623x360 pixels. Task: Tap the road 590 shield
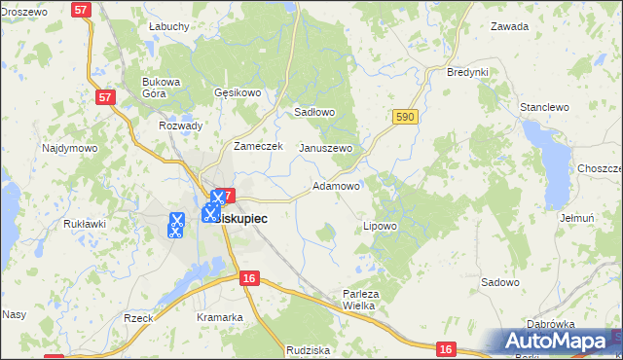pyautogui.click(x=406, y=117)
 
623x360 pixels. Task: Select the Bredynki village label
pyautogui.click(x=466, y=72)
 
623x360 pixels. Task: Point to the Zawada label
pyautogui.click(x=510, y=26)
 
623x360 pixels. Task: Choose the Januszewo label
pyautogui.click(x=325, y=148)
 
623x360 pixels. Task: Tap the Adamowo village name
pyautogui.click(x=336, y=185)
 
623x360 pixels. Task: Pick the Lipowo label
pyautogui.click(x=380, y=226)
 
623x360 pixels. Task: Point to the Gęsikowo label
pyautogui.click(x=238, y=93)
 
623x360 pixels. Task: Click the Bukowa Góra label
pyautogui.click(x=162, y=88)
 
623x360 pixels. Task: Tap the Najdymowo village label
pyautogui.click(x=69, y=149)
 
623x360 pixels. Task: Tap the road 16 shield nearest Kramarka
pyautogui.click(x=249, y=278)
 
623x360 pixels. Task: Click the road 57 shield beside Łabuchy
pyautogui.click(x=83, y=8)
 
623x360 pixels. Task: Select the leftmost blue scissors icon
pyautogui.click(x=176, y=226)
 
